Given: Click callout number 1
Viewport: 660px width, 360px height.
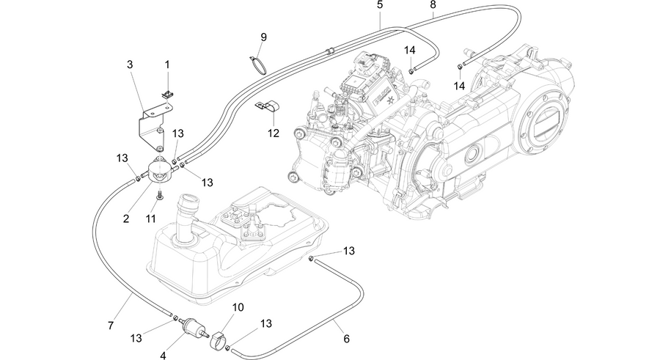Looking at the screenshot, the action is [167, 65].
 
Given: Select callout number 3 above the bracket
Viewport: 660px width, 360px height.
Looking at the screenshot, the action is [130, 65].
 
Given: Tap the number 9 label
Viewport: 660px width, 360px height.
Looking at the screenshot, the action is [263, 37].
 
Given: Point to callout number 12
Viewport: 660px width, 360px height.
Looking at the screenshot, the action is [274, 133].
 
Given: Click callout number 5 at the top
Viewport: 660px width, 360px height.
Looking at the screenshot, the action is [380, 5].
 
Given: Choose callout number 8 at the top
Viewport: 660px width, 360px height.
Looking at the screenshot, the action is [433, 5].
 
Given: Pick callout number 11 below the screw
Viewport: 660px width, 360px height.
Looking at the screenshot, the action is [150, 218].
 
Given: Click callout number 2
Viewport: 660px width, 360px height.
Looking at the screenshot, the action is [126, 218].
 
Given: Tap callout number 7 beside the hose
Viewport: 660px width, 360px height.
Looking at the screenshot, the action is [111, 326].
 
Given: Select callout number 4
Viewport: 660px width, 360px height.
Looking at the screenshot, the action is [163, 356].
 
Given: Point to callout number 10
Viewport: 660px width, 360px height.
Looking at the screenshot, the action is [238, 307].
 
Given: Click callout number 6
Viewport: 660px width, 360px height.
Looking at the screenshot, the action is [346, 339].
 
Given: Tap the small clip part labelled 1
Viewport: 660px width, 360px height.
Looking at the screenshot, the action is [168, 95].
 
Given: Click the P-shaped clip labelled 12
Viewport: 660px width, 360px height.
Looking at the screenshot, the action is [268, 106].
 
